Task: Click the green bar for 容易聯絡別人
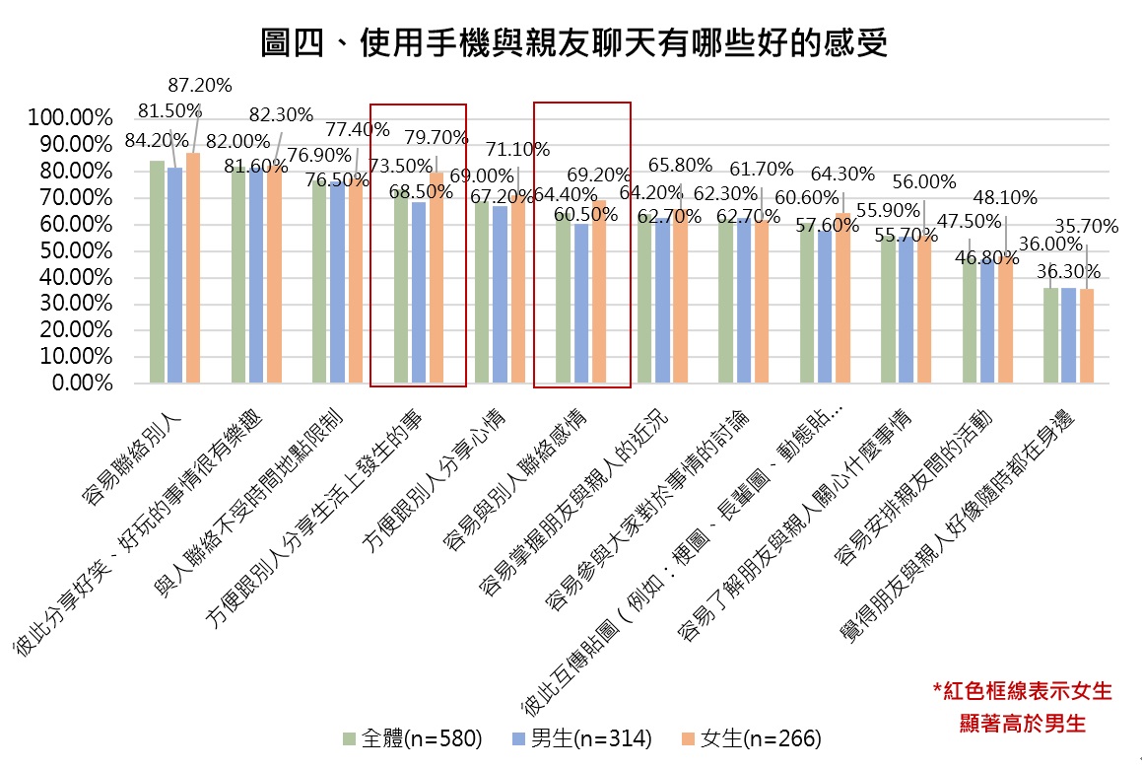tap(157, 271)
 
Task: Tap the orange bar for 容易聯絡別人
tap(192, 267)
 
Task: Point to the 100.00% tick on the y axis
tap(70, 118)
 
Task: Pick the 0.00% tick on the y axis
tap(80, 384)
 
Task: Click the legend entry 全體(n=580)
tap(411, 738)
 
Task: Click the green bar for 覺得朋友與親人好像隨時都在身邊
tap(1050, 335)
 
